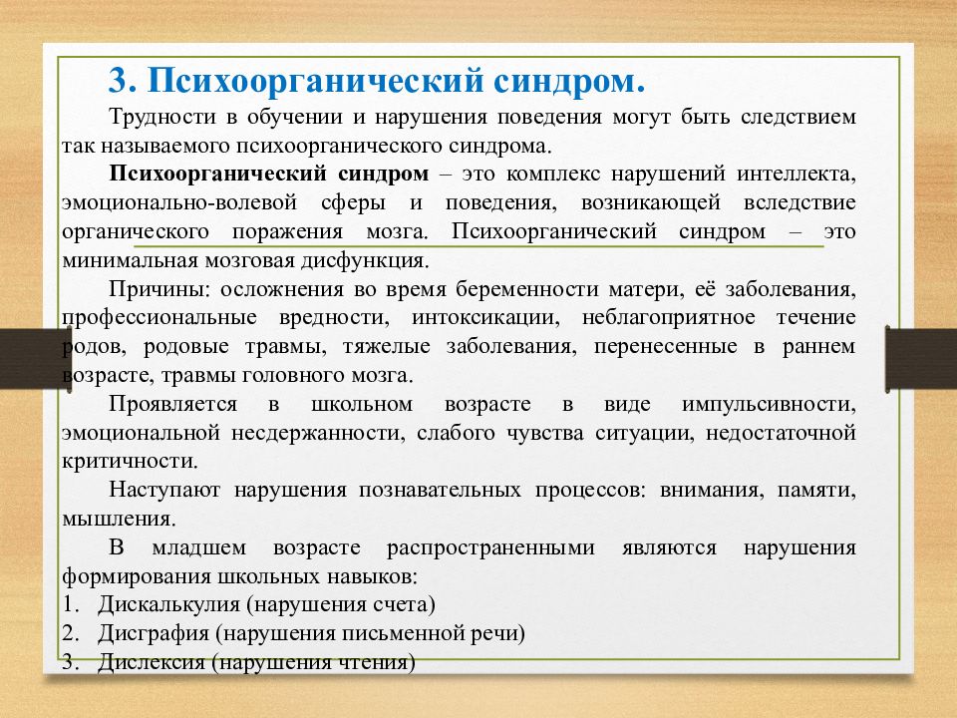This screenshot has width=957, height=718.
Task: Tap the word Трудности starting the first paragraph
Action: pos(157,117)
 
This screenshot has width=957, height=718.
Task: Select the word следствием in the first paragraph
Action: pos(798,117)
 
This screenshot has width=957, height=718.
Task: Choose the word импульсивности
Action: pos(769,404)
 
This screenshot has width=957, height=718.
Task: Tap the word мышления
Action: pos(118,520)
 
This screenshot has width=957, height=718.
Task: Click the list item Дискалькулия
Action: pos(169,605)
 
